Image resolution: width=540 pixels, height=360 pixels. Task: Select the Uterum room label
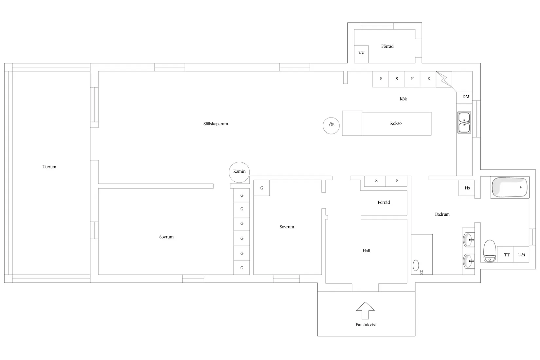pos(49,167)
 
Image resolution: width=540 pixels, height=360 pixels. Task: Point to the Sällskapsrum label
pos(216,124)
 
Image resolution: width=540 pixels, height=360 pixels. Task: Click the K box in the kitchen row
pos(428,79)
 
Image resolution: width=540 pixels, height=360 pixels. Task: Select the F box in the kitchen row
pos(412,79)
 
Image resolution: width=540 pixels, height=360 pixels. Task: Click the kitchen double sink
pos(464,122)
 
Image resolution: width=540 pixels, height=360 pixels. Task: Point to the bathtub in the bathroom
pos(510,187)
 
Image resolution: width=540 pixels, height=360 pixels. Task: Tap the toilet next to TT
pos(490,251)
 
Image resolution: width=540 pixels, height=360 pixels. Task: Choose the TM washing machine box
pos(521,254)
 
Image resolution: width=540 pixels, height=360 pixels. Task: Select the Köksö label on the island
pos(396,123)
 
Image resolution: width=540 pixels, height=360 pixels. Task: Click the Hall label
pos(366,251)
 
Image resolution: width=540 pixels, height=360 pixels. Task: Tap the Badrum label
pos(442,214)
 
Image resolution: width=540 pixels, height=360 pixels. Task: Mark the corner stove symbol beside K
pos(444,79)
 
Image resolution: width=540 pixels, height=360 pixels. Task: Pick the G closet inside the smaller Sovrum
pos(261,188)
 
